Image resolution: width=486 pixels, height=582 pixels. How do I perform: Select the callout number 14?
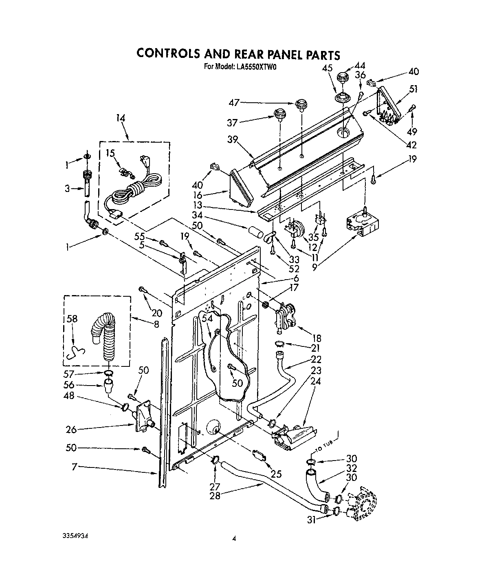click(x=120, y=119)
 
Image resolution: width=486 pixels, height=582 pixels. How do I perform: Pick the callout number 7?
click(x=74, y=467)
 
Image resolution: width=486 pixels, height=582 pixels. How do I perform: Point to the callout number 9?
click(x=314, y=268)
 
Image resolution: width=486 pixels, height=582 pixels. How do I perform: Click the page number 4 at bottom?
click(x=234, y=539)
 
